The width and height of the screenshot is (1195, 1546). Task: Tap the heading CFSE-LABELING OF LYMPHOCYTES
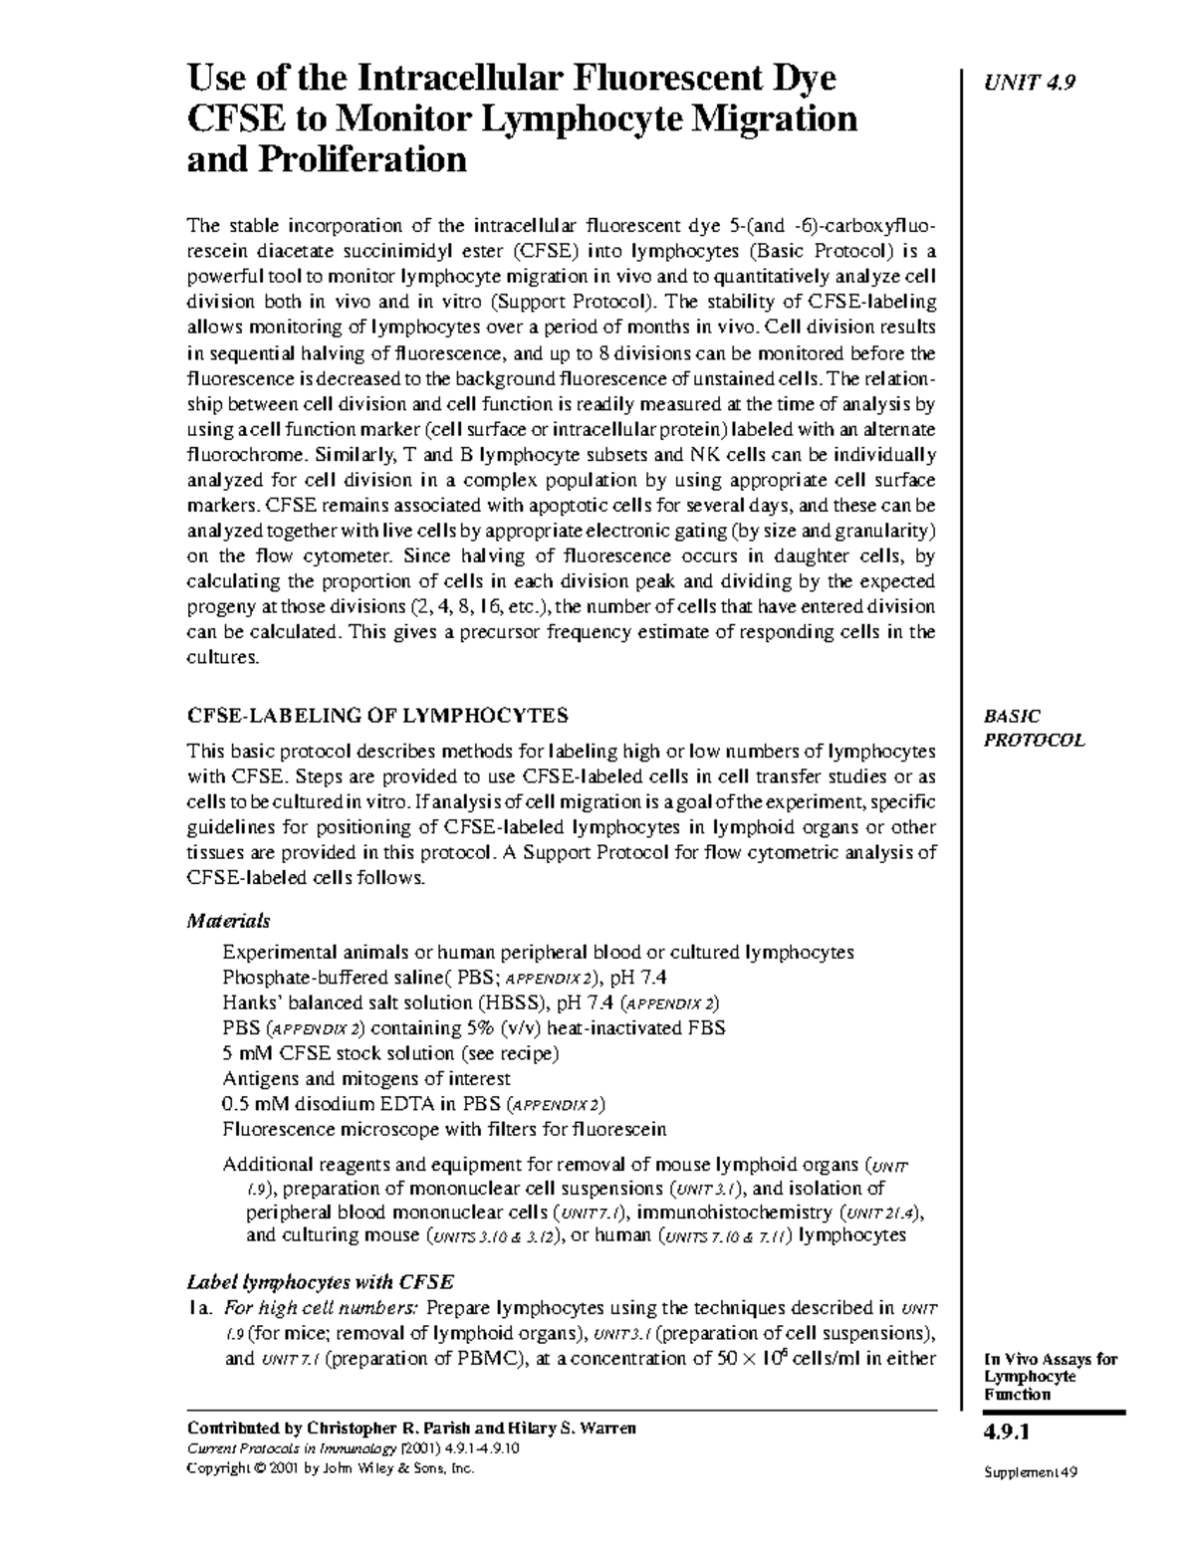point(377,715)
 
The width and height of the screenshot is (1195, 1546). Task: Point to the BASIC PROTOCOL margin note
point(1033,728)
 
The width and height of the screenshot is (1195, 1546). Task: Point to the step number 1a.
point(200,1308)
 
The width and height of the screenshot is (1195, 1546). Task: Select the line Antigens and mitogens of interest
point(366,1078)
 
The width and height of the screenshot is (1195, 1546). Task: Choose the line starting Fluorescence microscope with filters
point(444,1129)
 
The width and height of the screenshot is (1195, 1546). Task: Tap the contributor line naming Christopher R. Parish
point(411,1429)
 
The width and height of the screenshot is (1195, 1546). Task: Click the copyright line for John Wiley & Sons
point(332,1468)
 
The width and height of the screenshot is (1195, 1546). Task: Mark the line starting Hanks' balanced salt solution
point(471,1002)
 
